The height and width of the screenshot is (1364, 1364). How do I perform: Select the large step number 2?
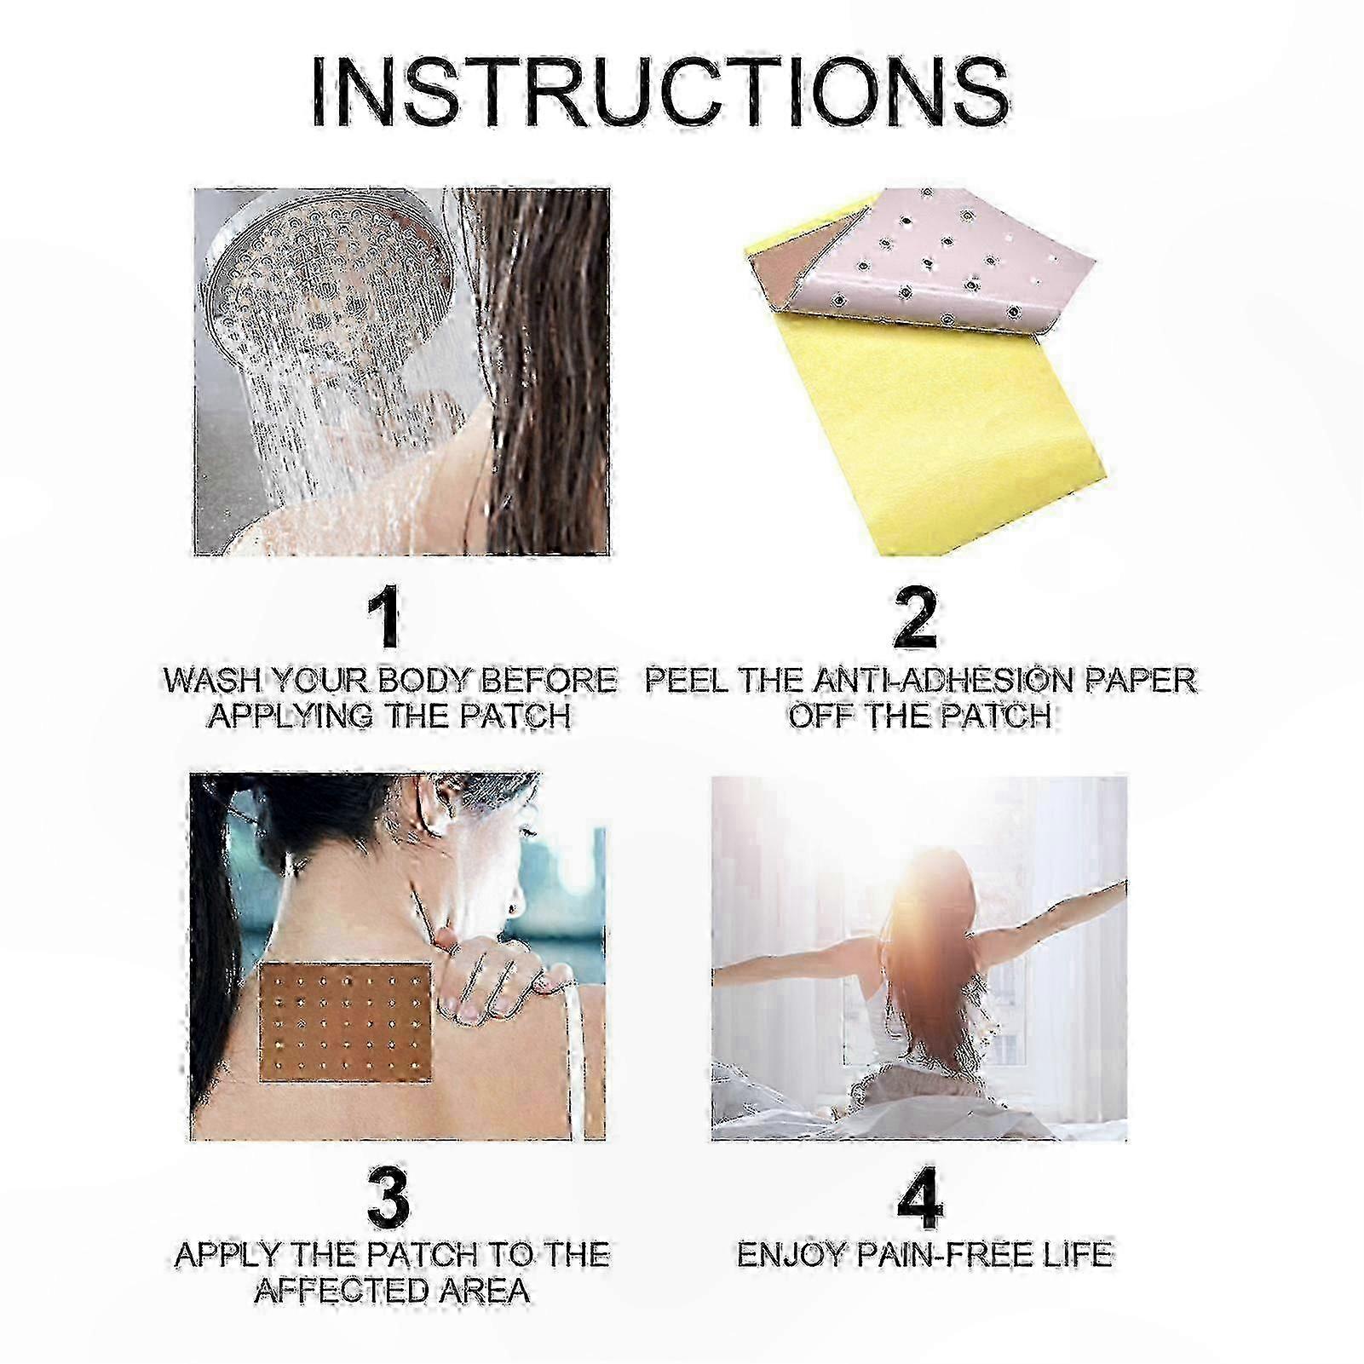coord(915,619)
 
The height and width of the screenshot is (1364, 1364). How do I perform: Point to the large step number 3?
coord(388,1197)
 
